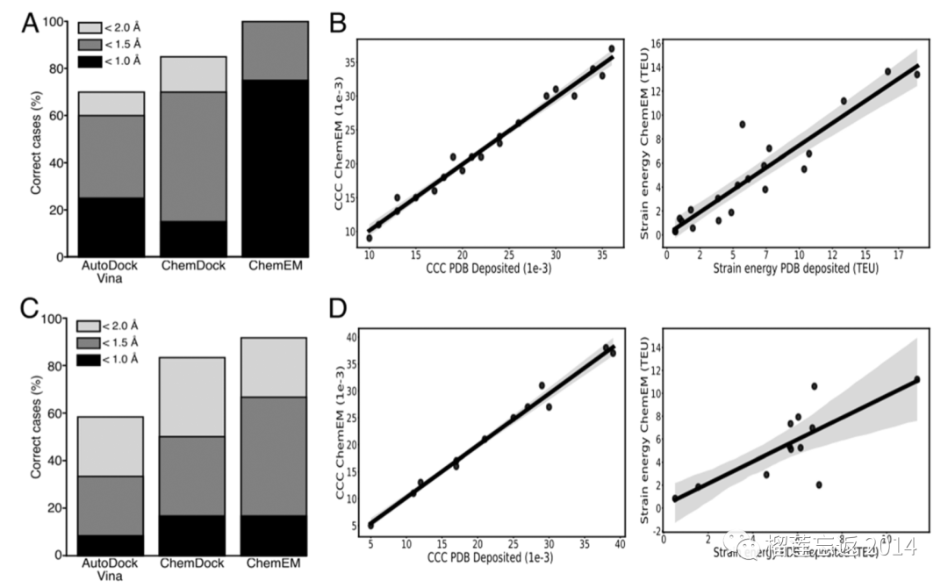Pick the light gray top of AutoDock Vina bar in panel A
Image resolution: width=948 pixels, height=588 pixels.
[x=112, y=104]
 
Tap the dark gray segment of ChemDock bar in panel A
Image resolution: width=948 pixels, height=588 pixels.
[x=193, y=141]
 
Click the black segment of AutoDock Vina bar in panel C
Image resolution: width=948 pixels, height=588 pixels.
[x=111, y=545]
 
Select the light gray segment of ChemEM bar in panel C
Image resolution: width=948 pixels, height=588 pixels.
[x=275, y=367]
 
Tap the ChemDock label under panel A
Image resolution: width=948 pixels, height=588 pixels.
[x=193, y=265]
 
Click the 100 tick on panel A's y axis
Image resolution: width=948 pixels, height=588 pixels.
[x=54, y=21]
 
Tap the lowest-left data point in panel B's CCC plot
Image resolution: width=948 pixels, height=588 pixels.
[x=370, y=238]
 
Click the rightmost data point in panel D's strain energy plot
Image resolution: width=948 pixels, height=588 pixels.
[x=916, y=380]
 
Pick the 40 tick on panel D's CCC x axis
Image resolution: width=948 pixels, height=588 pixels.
[x=619, y=545]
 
